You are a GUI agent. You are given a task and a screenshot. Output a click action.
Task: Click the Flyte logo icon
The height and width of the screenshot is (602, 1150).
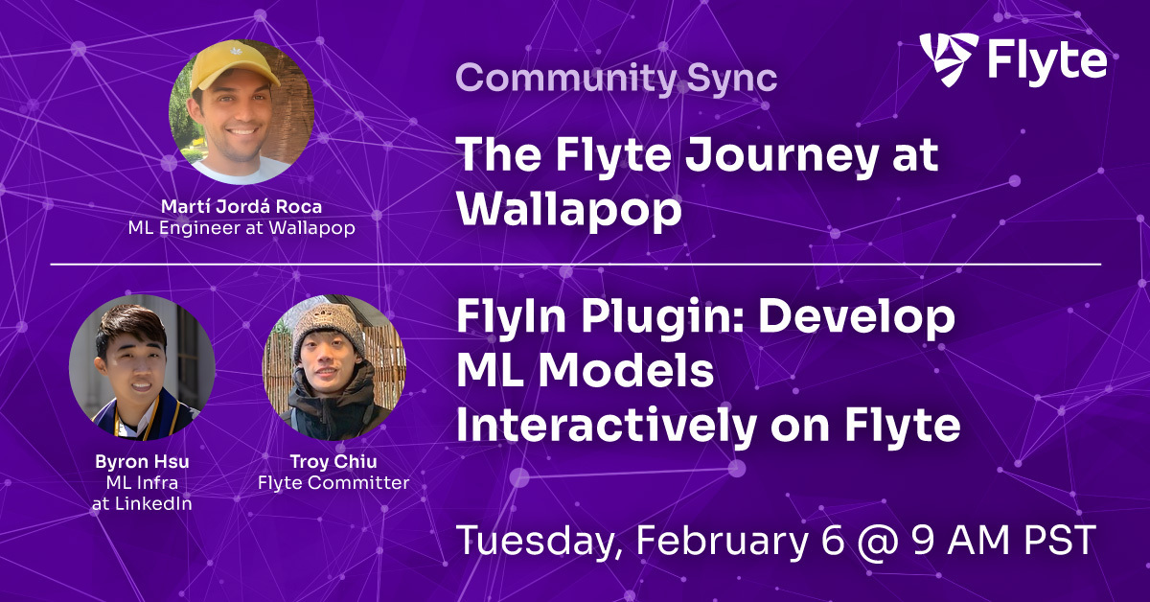pos(949,59)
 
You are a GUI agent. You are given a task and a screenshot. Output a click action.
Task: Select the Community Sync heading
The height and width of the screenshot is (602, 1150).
pos(616,78)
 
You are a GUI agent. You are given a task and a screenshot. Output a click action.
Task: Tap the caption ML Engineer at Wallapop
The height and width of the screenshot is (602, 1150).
pos(241,228)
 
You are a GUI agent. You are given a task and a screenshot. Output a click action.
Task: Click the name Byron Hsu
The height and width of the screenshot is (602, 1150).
pos(143,464)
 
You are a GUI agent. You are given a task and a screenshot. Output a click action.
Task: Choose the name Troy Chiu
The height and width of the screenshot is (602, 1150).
pos(334,464)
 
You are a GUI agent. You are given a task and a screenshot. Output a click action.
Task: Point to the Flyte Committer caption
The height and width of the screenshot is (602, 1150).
pos(334,483)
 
